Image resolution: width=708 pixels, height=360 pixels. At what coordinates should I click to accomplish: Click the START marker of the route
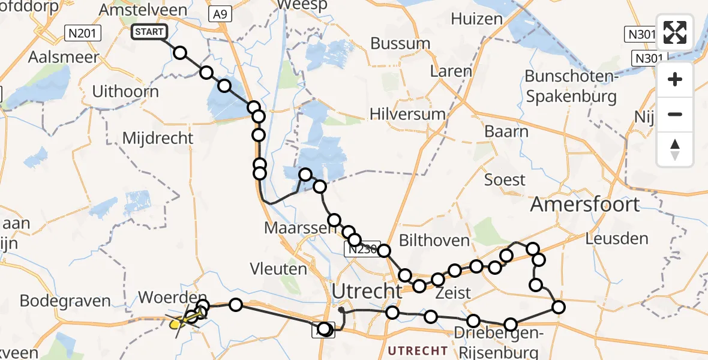(x=149, y=32)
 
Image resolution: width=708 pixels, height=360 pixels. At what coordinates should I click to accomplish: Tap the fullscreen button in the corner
(x=675, y=32)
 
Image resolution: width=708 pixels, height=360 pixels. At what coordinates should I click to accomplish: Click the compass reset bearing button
(x=675, y=149)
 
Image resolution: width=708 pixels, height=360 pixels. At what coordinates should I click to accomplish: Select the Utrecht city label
(x=366, y=292)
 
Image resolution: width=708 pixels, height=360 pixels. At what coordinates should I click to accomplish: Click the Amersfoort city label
(x=585, y=205)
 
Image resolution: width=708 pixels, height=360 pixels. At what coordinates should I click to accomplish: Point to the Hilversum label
(x=407, y=115)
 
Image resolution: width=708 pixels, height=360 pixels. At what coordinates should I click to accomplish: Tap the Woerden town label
(x=172, y=298)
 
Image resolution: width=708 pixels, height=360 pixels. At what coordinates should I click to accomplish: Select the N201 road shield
(x=83, y=34)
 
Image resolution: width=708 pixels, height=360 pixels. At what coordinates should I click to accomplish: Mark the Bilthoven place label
(x=436, y=241)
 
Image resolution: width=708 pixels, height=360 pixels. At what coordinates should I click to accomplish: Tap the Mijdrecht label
(x=158, y=138)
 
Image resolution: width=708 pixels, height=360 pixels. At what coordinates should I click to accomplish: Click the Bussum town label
(x=400, y=43)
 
